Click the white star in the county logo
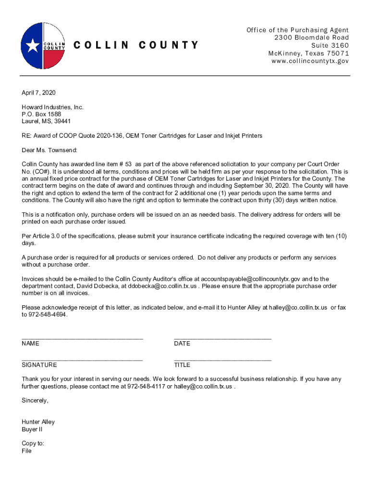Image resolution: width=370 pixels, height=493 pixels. (33, 46)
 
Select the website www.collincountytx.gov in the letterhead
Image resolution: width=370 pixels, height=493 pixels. (309, 61)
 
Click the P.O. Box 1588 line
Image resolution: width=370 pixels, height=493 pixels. (41, 114)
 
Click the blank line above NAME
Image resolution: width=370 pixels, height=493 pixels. (82, 338)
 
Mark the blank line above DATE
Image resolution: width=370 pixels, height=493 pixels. (222, 338)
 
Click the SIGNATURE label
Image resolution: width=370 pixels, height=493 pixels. (39, 365)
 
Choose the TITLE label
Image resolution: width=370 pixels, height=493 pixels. (182, 365)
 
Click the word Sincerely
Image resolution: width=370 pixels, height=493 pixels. (35, 401)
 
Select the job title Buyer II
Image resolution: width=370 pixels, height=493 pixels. (32, 429)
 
